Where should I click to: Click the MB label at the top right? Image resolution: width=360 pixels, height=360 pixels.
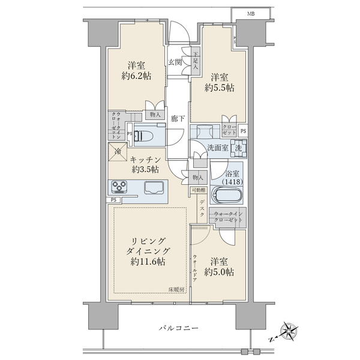coord(250,13)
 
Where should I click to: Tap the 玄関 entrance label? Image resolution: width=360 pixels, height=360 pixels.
coord(175,62)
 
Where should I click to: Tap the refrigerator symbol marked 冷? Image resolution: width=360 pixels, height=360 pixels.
coord(117,153)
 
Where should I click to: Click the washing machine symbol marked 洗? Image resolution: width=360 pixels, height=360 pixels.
coord(238,147)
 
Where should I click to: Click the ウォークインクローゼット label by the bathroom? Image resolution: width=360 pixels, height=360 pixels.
coord(227,217)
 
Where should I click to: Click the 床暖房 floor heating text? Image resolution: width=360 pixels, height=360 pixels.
coord(176,289)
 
